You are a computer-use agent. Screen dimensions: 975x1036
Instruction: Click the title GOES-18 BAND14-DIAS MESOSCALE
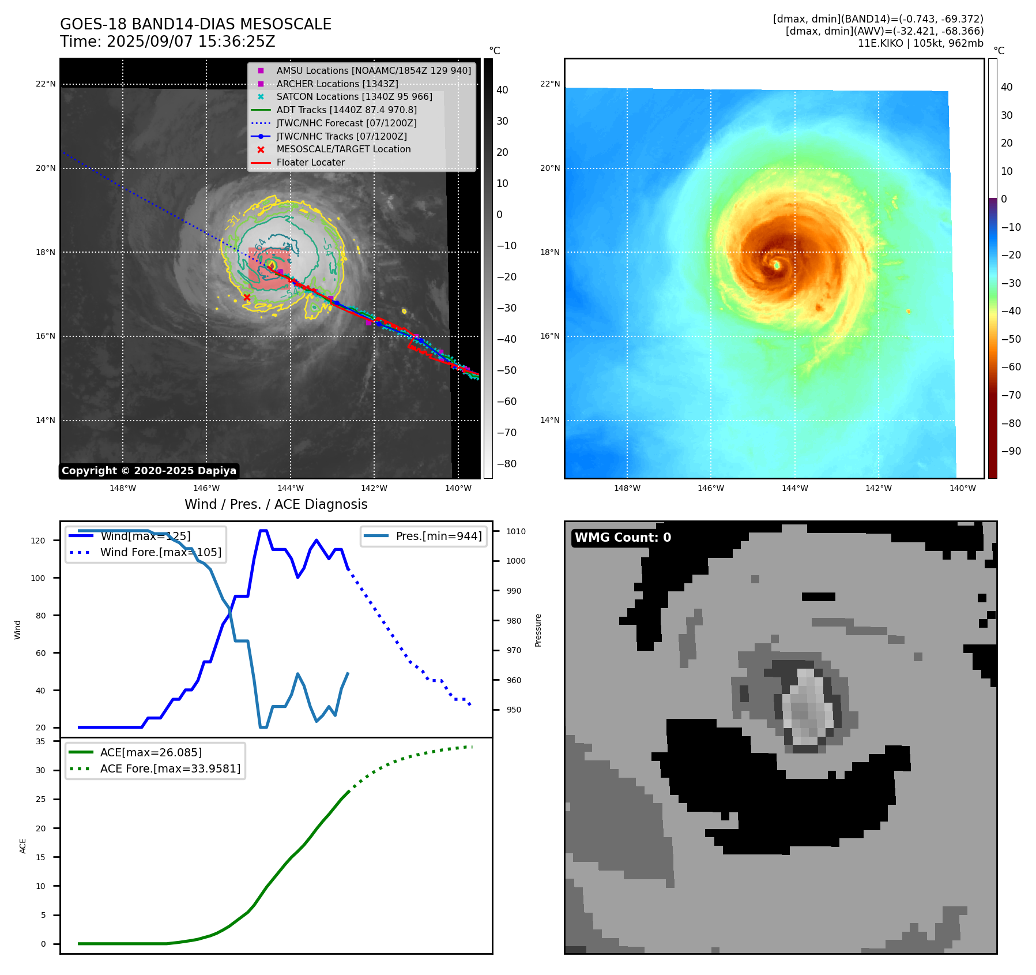[x=195, y=24]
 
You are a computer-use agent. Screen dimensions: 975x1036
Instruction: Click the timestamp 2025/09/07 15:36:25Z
[x=191, y=42]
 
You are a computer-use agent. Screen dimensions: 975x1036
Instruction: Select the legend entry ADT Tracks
[x=346, y=110]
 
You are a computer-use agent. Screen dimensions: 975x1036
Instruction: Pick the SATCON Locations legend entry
[x=354, y=96]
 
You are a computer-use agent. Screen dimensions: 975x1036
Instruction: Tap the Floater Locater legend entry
[x=310, y=163]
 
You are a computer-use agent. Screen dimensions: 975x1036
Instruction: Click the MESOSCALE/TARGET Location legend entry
[x=343, y=149]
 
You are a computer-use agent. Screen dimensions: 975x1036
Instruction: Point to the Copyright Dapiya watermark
[x=149, y=471]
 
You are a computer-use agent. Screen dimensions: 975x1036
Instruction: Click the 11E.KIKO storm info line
[x=920, y=43]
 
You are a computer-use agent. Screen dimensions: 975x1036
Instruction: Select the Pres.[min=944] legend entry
[x=438, y=536]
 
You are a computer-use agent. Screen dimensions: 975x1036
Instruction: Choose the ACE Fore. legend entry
[x=170, y=768]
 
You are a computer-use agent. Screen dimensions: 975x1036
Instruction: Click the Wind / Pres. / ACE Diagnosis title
[x=276, y=504]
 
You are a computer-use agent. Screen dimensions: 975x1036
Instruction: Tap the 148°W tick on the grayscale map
[x=123, y=488]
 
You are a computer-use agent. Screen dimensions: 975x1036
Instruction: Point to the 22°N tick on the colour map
[x=549, y=84]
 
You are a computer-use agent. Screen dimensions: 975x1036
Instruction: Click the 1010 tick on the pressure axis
[x=516, y=531]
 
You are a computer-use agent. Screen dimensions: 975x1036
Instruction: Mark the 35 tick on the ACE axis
[x=40, y=741]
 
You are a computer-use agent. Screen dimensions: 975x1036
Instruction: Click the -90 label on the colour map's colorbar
[x=1011, y=451]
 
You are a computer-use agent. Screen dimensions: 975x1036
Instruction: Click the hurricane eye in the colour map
[x=777, y=265]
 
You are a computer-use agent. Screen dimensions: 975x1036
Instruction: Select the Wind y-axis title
[x=17, y=629]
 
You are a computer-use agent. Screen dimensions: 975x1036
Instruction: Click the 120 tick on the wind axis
[x=38, y=541]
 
